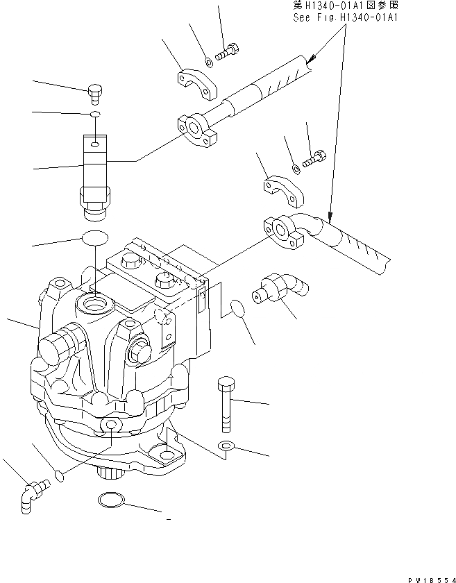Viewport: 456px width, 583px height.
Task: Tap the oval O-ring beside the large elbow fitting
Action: click(x=237, y=309)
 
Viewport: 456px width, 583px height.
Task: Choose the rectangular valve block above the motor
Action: click(x=93, y=169)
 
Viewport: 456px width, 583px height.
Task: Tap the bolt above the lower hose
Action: click(x=314, y=158)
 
